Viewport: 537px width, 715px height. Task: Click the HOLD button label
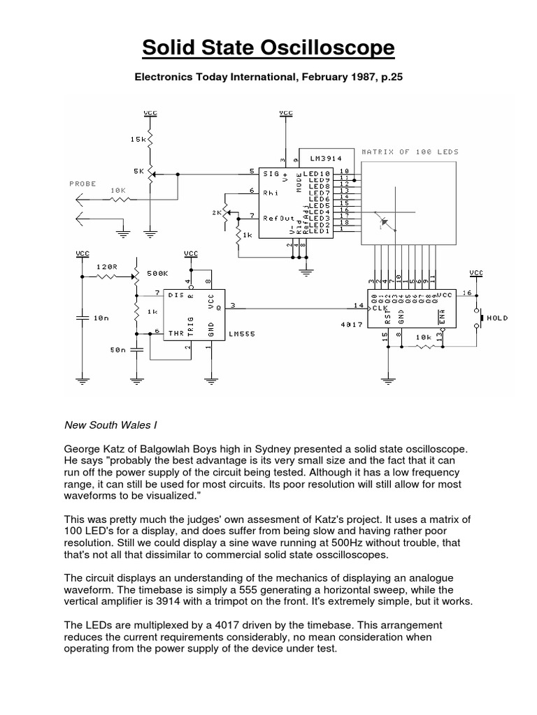(499, 318)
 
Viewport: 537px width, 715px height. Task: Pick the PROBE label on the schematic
(82, 184)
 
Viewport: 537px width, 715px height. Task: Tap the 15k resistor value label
(137, 140)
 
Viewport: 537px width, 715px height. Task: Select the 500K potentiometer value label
(159, 274)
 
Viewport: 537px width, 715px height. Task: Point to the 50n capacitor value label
(117, 348)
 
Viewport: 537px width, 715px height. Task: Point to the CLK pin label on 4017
(378, 307)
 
